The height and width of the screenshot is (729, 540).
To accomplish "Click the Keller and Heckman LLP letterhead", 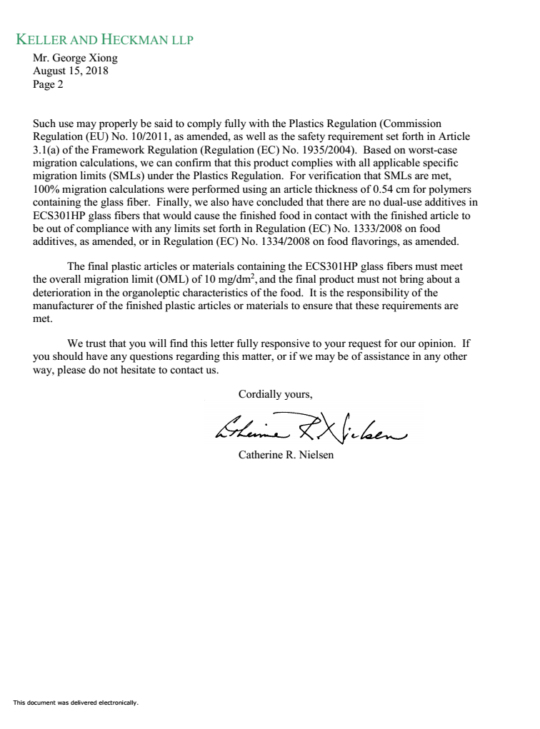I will click(x=104, y=39).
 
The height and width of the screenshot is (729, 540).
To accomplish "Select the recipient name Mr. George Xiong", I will click(x=75, y=59).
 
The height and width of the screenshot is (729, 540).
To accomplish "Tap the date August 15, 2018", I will click(x=71, y=71).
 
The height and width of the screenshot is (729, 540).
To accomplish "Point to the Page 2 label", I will click(x=49, y=84).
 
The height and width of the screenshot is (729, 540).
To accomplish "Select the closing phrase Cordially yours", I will click(x=275, y=393).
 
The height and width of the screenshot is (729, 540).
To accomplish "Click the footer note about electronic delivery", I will click(x=75, y=703).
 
